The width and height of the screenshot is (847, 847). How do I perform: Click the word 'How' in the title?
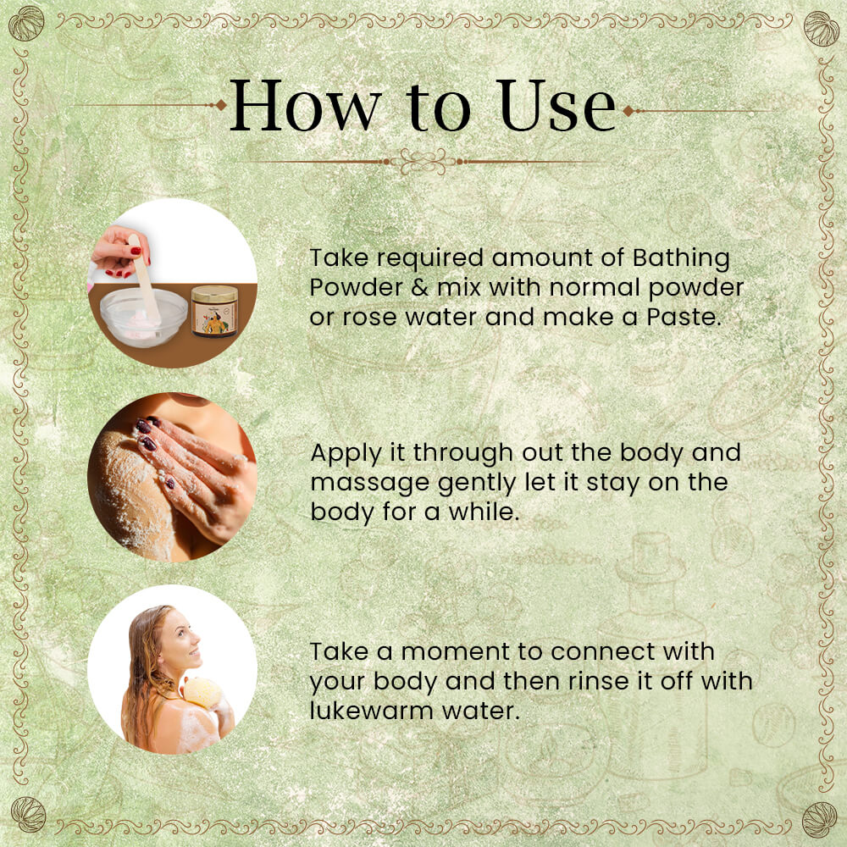(x=305, y=105)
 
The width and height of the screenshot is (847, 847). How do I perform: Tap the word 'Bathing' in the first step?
(x=681, y=258)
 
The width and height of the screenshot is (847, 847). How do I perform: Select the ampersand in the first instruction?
(x=419, y=287)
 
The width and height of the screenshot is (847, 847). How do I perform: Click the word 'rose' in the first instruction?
(x=369, y=318)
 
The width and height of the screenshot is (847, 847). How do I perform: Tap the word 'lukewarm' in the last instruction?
(x=372, y=711)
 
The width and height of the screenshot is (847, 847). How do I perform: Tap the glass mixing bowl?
(x=144, y=317)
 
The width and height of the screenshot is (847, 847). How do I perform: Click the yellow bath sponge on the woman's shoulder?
(x=202, y=692)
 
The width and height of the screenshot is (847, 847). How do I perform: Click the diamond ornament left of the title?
(x=221, y=105)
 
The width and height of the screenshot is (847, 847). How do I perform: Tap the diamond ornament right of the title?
(x=628, y=111)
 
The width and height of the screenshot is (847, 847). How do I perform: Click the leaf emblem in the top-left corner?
(x=26, y=23)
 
